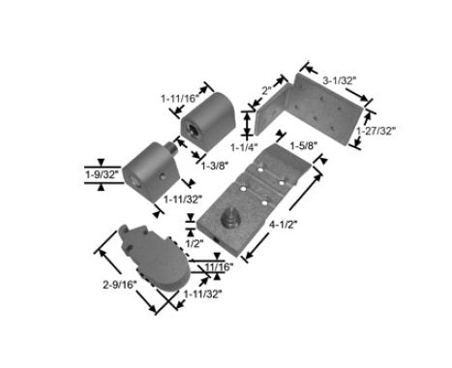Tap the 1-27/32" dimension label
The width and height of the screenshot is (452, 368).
376,131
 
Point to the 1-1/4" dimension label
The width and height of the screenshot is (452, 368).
244,147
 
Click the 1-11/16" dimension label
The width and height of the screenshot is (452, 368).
181,99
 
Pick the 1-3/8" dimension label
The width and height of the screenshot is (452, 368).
215,166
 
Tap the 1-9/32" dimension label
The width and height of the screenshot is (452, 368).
102,175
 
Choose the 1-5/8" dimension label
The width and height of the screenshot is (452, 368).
304,146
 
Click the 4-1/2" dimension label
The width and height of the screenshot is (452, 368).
283,225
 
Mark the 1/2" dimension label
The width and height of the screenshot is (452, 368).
195,243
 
